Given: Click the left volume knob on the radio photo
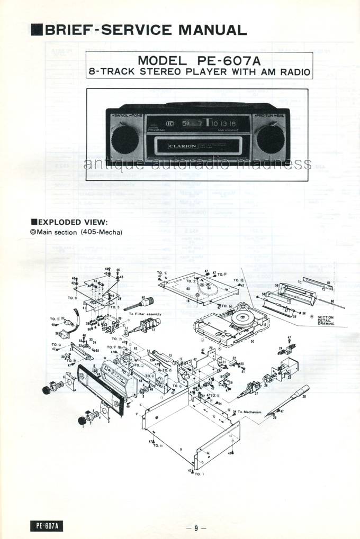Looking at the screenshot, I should click(x=125, y=140).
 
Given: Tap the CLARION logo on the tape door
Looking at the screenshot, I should click(x=183, y=146).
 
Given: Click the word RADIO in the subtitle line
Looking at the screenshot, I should click(x=290, y=71).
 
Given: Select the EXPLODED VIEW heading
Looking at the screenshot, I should click(x=71, y=222).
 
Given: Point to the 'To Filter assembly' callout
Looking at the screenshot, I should click(x=145, y=314).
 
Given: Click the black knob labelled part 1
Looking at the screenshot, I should click(x=83, y=421).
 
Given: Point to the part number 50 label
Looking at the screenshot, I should click(x=252, y=342).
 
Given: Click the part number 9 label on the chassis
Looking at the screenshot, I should click(x=181, y=449).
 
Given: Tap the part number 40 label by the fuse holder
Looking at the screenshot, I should click(x=143, y=298).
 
